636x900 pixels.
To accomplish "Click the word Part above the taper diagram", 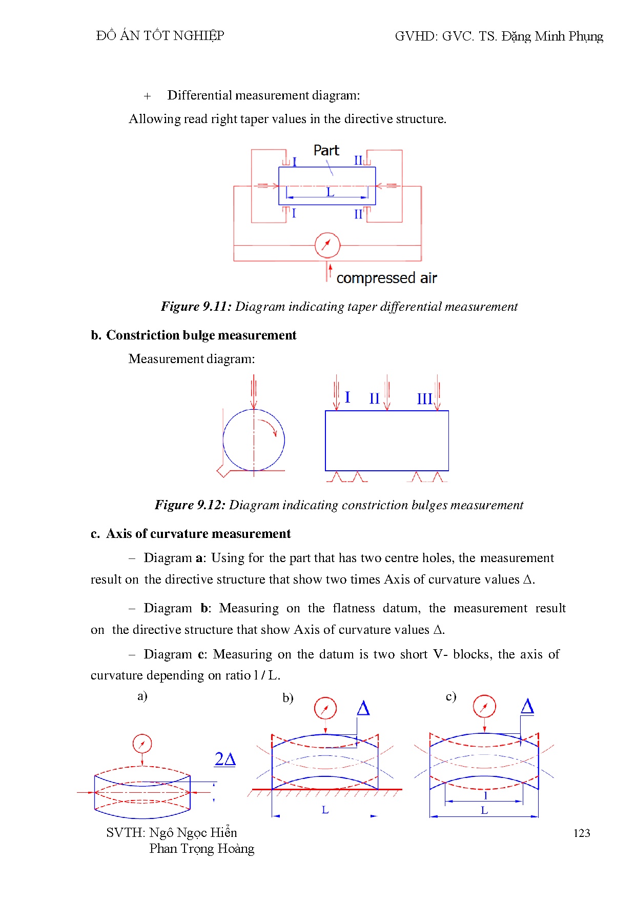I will coord(326,150).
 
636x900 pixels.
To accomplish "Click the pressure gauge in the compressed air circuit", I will coord(327,245).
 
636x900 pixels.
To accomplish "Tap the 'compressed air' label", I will coord(386,278).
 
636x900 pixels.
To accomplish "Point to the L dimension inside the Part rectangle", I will coord(330,192).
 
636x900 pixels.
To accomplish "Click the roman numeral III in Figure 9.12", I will coord(424,398).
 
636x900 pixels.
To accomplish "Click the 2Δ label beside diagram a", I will coord(225,759).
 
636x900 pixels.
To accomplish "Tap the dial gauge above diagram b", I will coord(325,709).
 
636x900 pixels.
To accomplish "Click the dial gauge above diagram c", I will coord(484,707).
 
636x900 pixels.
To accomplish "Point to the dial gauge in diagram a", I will coord(142,744).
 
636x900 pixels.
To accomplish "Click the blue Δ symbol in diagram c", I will coord(527,707).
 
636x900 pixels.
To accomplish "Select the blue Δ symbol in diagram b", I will coord(363,709).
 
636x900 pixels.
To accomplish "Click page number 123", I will coord(582,833).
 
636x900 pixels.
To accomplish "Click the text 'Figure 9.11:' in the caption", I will coord(196,307).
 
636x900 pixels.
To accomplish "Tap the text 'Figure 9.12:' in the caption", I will coord(190,505).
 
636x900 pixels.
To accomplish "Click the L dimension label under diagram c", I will coord(484,811).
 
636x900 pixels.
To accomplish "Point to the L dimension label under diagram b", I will coord(325,810).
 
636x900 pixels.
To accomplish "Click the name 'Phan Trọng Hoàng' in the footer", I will coord(201,849).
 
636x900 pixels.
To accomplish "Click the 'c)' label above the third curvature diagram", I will coord(451,696).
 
